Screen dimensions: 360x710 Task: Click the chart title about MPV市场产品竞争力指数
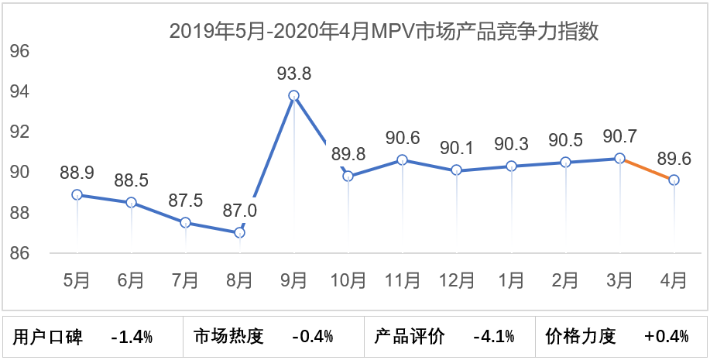[x=385, y=32]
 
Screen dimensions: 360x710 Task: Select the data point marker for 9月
[x=293, y=96]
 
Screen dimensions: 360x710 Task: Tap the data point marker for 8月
[x=239, y=232]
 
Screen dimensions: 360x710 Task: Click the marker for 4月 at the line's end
[x=674, y=180]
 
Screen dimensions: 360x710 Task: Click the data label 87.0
[x=239, y=211]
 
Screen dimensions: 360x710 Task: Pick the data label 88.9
[x=77, y=173]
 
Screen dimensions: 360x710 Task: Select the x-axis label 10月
[x=348, y=279]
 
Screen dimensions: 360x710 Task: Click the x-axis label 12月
[x=456, y=279]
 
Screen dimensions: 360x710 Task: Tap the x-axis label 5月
[x=77, y=279]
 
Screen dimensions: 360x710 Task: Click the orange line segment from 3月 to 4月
[x=647, y=170]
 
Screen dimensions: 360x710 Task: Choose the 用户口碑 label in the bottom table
[x=48, y=337]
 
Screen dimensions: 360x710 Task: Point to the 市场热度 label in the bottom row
[x=228, y=337]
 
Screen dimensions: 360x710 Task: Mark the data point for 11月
[x=402, y=160]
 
